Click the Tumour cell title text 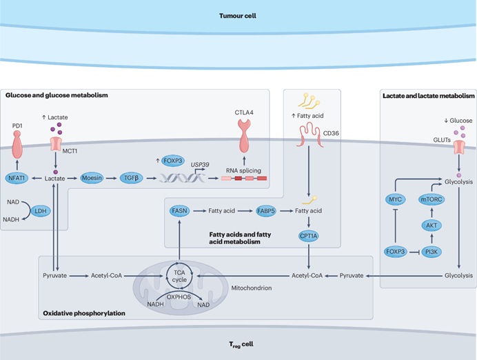(238, 15)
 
